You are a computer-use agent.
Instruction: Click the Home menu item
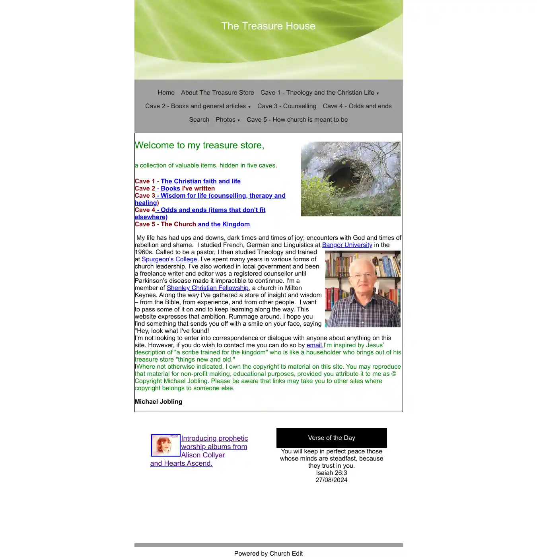point(166,93)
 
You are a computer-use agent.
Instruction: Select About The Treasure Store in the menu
point(217,93)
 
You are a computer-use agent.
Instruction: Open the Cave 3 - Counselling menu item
point(286,106)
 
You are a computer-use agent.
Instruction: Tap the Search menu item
point(199,120)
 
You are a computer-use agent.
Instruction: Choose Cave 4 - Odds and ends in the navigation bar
point(357,106)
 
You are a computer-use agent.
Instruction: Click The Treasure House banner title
point(268,26)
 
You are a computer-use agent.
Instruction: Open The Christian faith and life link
point(200,181)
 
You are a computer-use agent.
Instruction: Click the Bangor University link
point(347,245)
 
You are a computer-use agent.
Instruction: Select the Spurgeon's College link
point(169,259)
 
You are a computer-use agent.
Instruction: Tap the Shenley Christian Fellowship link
point(208,288)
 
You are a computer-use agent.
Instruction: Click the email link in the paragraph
point(315,345)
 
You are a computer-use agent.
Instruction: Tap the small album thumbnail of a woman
point(165,445)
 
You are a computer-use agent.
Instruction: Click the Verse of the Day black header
point(331,438)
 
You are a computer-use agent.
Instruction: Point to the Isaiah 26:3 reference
point(331,473)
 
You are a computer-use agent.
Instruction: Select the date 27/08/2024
point(331,480)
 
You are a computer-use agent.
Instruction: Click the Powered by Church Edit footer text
point(268,554)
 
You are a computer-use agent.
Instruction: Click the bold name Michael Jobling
point(158,402)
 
